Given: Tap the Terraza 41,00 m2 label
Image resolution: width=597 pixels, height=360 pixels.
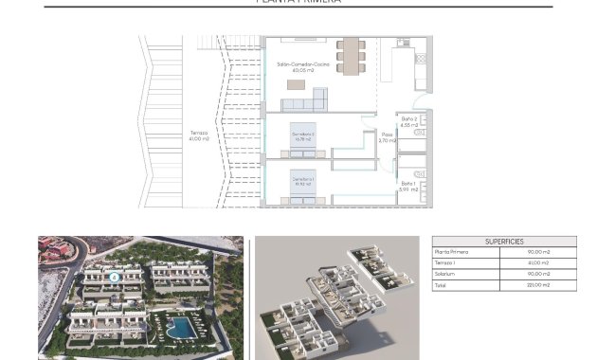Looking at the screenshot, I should (199, 135).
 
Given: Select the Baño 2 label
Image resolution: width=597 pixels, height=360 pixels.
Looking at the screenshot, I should (410, 121).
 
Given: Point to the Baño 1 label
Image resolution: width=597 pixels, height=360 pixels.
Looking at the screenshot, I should (408, 187).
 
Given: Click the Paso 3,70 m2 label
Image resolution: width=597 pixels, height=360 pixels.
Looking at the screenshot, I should (387, 137).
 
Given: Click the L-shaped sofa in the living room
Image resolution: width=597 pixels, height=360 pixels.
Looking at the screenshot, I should (316, 99).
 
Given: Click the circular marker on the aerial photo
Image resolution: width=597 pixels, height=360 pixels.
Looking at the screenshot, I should (113, 277).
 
